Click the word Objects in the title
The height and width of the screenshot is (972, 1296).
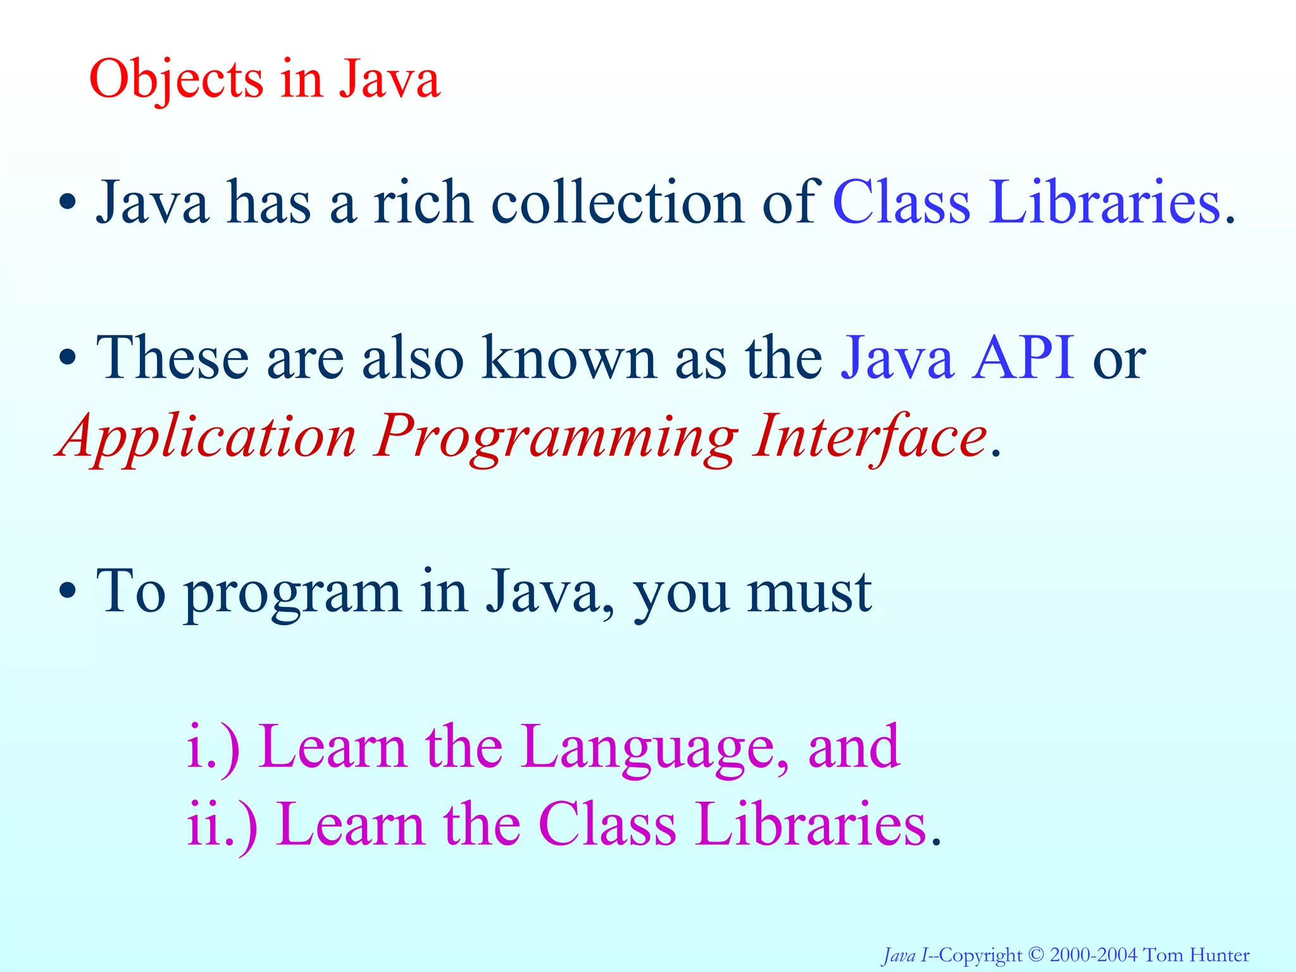point(176,80)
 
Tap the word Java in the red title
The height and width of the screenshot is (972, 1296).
point(389,79)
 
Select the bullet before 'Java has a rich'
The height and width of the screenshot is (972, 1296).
point(67,204)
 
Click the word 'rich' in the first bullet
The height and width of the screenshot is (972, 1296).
point(422,202)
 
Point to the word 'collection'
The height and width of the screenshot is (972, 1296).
point(618,202)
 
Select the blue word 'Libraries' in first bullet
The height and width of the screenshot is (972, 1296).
point(1104,202)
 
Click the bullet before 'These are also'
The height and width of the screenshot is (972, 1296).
point(67,359)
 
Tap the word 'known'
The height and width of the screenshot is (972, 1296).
point(568,358)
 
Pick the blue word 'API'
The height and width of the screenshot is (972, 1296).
point(1023,358)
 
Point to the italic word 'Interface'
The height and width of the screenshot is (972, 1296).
point(869,437)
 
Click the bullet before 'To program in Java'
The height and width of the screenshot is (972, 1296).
point(67,592)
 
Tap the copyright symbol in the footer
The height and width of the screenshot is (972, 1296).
point(1036,954)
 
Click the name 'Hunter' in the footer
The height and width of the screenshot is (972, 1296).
point(1219,954)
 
